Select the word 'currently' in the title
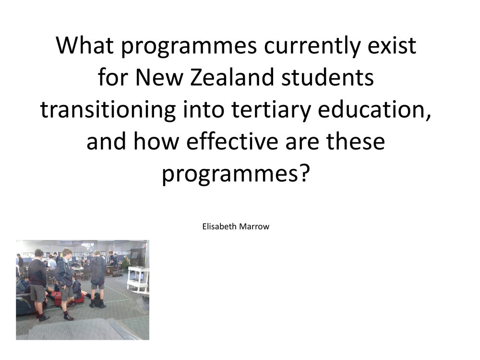coord(312,48)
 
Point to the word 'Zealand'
coord(232,77)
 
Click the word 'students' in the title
coord(327,77)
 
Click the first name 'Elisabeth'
coord(219,227)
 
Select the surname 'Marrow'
coord(254,227)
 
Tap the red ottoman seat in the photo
coord(59,299)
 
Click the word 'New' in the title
coord(159,77)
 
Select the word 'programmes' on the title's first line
coord(189,48)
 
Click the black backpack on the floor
coord(98,300)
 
